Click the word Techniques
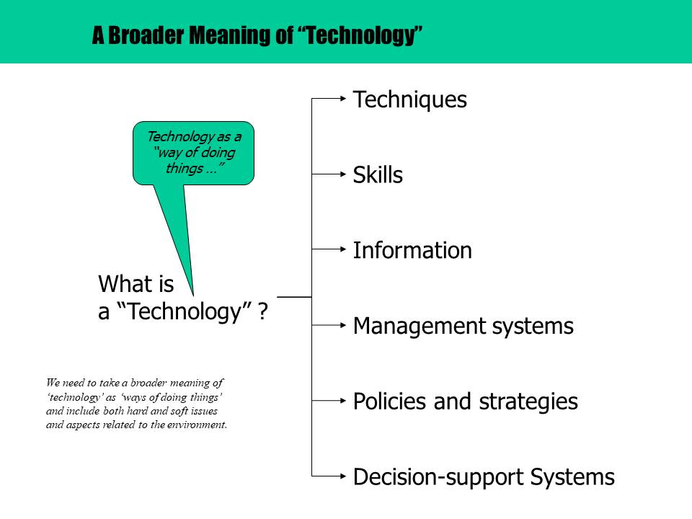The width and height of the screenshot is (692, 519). click(x=410, y=99)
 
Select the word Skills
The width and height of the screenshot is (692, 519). click(x=378, y=174)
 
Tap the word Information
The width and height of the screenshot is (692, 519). click(x=412, y=250)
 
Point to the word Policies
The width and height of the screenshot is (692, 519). click(x=390, y=402)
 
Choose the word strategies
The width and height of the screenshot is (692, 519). click(x=528, y=402)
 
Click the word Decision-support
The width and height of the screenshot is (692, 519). click(x=439, y=478)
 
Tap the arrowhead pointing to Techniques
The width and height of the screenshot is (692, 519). click(x=343, y=99)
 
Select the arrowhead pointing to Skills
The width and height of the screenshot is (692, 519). click(x=343, y=174)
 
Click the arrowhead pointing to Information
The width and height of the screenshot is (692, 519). click(x=343, y=249)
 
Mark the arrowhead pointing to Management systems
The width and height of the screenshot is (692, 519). click(x=343, y=325)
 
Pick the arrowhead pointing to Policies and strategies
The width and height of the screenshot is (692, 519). click(x=343, y=401)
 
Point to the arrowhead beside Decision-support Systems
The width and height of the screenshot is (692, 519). click(x=343, y=476)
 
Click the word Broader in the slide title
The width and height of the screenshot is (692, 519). click(x=146, y=35)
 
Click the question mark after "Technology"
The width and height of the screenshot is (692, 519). click(x=263, y=311)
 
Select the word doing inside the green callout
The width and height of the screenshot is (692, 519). click(x=218, y=153)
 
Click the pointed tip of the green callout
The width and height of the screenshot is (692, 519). click(x=193, y=295)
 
